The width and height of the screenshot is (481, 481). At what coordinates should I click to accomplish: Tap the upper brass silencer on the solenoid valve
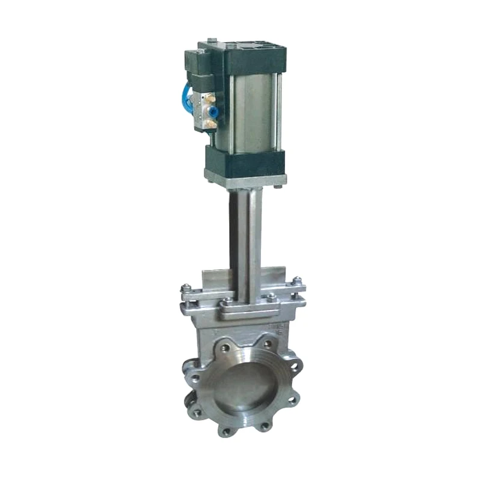[210, 109]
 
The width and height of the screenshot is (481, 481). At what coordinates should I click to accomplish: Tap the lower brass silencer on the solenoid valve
[212, 123]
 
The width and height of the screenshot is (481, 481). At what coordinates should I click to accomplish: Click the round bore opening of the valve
[247, 388]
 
